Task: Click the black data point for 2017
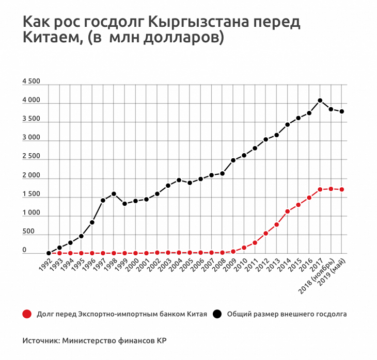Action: tap(320, 101)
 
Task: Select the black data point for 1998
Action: tap(114, 194)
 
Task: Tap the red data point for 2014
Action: tap(288, 211)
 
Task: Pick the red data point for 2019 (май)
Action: tap(342, 189)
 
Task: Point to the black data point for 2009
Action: tap(233, 160)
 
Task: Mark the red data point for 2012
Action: tap(266, 234)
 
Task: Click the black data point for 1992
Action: tap(49, 253)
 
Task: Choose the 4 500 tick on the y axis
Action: tap(32, 82)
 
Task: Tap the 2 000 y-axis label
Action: tap(32, 176)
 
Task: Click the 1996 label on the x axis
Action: tap(89, 265)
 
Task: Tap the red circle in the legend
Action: tap(27, 314)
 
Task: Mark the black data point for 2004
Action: tap(179, 180)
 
